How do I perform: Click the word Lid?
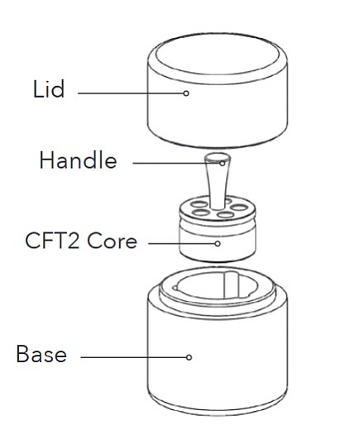point(49,88)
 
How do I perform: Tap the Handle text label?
point(78,160)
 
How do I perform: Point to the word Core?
point(112,241)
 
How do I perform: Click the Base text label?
point(41,353)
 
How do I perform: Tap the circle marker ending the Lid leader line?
point(186,93)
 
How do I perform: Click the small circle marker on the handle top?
point(223,164)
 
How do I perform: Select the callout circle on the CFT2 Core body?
point(218,244)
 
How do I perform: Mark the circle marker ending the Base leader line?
point(189,357)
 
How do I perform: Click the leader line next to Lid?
point(131,93)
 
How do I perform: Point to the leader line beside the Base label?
point(133,357)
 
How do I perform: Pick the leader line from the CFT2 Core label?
point(181,244)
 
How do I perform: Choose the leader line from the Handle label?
point(176,163)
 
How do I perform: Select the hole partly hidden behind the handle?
point(228,201)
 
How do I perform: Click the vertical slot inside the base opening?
point(230,285)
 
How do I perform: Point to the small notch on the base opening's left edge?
point(175,289)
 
